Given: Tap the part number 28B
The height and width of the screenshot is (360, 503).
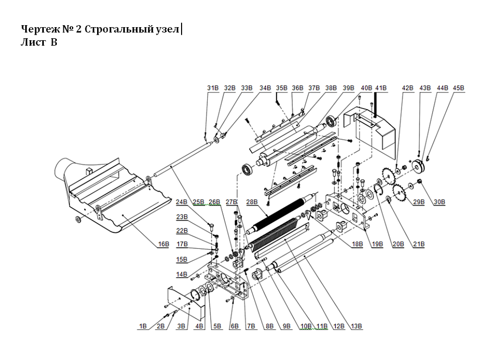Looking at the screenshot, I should (251, 202).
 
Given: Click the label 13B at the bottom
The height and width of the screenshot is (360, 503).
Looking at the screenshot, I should (356, 326).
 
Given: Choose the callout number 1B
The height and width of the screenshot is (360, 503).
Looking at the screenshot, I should (143, 326).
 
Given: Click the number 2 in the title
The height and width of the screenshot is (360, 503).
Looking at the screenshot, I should (78, 29).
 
